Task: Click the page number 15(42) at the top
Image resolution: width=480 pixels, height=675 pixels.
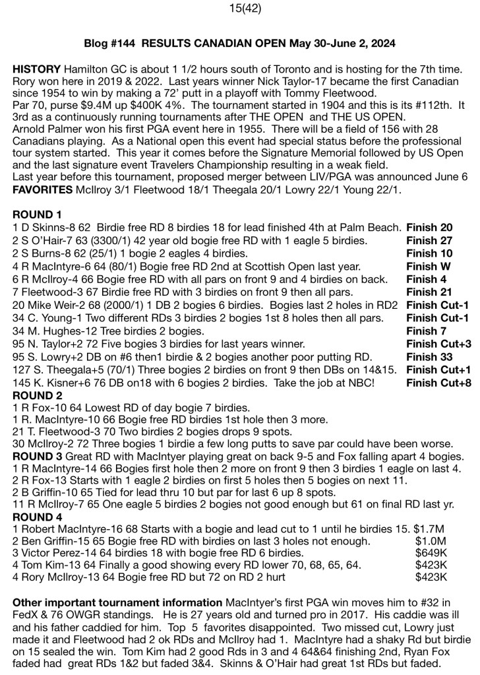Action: (240, 9)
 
